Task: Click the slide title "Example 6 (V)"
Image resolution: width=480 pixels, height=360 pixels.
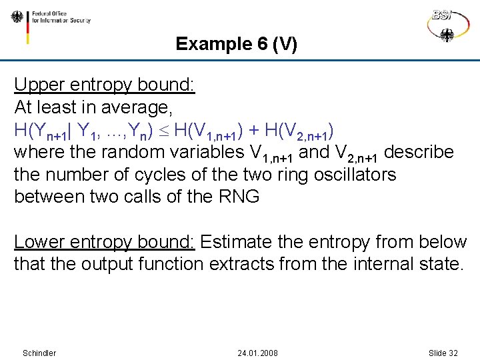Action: point(236,45)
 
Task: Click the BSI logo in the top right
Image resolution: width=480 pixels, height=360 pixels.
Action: point(446,24)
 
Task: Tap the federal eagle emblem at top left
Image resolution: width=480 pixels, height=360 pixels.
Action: point(17,17)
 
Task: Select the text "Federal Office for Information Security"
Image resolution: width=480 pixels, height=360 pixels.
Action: point(60,17)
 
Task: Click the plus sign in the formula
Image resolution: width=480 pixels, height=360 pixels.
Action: point(254,130)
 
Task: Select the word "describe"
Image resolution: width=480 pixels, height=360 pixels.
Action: point(419,152)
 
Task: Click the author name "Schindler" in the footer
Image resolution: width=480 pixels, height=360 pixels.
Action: point(39,353)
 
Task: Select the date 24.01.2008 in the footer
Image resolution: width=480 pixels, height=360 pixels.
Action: point(257,353)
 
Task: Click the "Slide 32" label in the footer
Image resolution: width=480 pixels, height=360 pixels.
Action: point(443,353)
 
